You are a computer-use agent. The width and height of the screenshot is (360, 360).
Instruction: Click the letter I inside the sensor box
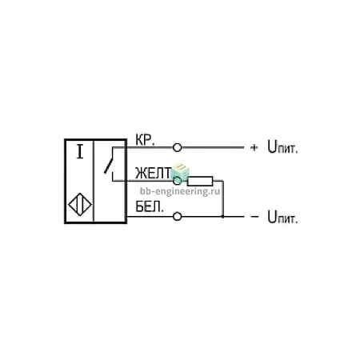[x=80, y=151]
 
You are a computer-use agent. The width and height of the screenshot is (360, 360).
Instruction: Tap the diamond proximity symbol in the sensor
[x=80, y=205]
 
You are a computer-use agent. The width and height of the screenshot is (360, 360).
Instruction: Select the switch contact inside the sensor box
[x=109, y=164]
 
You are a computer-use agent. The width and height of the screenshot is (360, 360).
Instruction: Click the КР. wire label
[x=145, y=140]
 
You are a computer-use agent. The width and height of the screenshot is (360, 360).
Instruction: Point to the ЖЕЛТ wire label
[x=154, y=173]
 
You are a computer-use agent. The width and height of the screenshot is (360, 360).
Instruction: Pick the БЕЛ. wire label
[x=150, y=206]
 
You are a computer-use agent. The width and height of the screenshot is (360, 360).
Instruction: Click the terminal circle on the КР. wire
[x=177, y=147]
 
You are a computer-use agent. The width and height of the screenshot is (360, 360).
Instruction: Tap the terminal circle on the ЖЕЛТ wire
[x=177, y=181]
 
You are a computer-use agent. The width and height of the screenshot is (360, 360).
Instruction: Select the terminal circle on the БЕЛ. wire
[x=177, y=216]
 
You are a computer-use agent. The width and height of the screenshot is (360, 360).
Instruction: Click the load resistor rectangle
[x=200, y=181]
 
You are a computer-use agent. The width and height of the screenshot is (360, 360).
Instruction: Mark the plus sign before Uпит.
[x=254, y=147]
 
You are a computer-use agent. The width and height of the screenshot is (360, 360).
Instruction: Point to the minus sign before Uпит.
[x=254, y=217]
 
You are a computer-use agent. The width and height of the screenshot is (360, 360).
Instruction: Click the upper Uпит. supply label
[x=282, y=147]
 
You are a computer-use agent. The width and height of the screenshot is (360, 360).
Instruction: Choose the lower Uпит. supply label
[x=282, y=217]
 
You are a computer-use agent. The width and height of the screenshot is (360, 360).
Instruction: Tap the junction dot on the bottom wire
[x=223, y=216]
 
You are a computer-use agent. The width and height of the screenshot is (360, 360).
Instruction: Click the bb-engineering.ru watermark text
[x=180, y=191]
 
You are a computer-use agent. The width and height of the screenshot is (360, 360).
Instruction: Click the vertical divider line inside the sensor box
[x=94, y=181]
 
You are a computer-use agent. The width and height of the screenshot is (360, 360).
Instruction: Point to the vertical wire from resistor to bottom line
[x=223, y=198]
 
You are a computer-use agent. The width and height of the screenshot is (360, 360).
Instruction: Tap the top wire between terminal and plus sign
[x=213, y=147]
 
